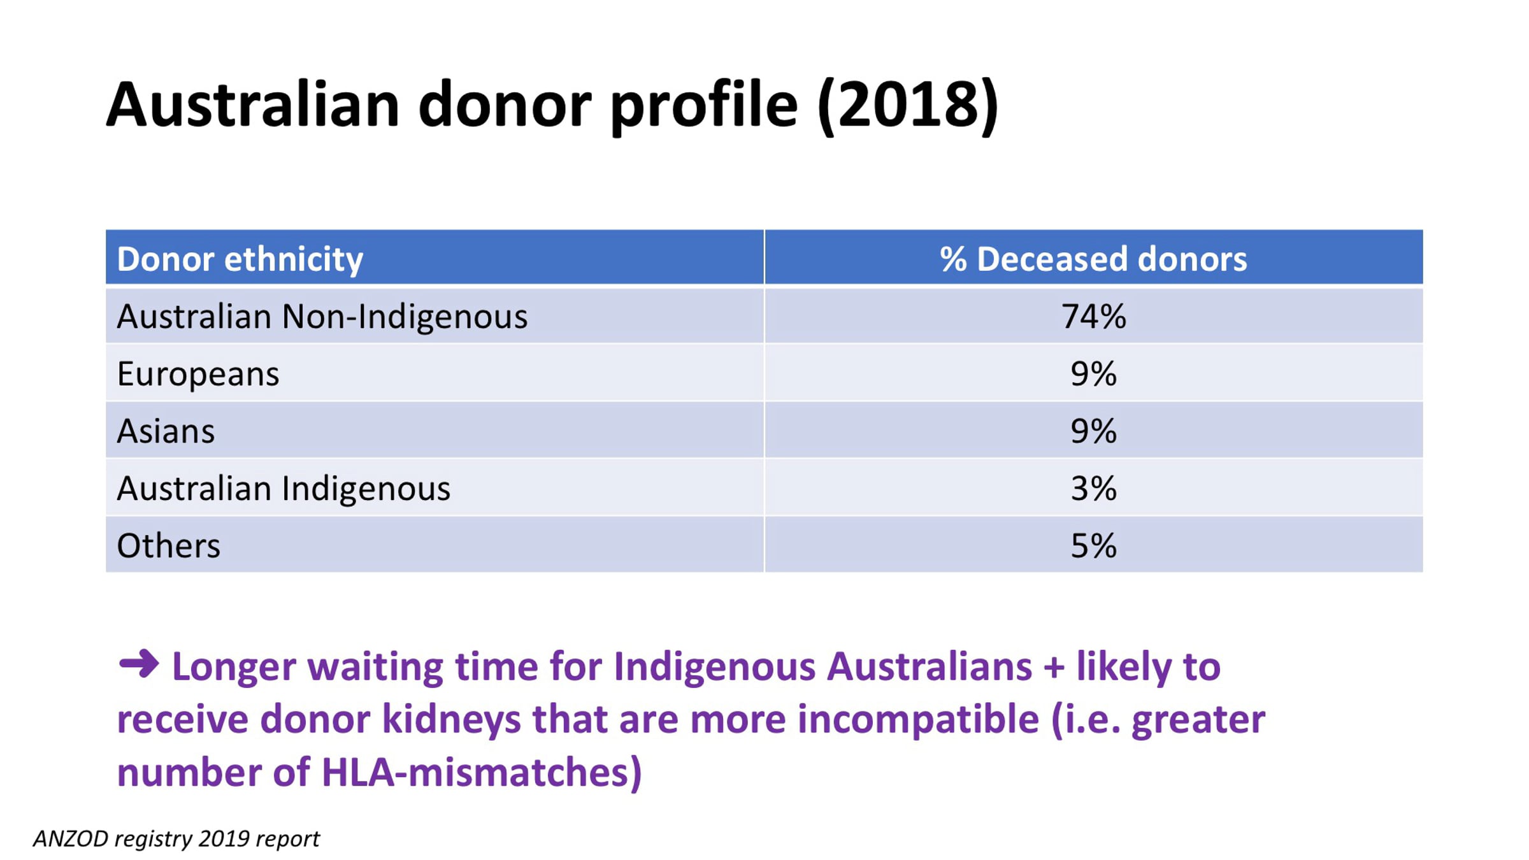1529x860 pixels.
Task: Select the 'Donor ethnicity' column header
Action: [240, 259]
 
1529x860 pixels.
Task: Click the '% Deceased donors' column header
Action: [1093, 259]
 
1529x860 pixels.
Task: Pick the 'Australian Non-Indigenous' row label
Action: [322, 317]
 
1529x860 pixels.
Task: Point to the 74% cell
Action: [1094, 317]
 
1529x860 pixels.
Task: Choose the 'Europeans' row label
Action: [198, 374]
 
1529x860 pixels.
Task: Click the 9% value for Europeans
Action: [1094, 374]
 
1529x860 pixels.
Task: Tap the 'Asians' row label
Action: [166, 431]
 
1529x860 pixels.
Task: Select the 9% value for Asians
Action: [1094, 431]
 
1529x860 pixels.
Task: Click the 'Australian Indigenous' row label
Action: [284, 489]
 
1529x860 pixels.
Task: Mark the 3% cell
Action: [1094, 489]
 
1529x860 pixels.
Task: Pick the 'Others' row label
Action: [169, 546]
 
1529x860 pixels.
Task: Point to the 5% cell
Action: [1094, 546]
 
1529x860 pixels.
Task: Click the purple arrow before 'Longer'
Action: [139, 664]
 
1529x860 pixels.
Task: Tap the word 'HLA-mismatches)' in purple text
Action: [482, 773]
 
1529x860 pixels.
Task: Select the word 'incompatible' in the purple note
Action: [918, 720]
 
